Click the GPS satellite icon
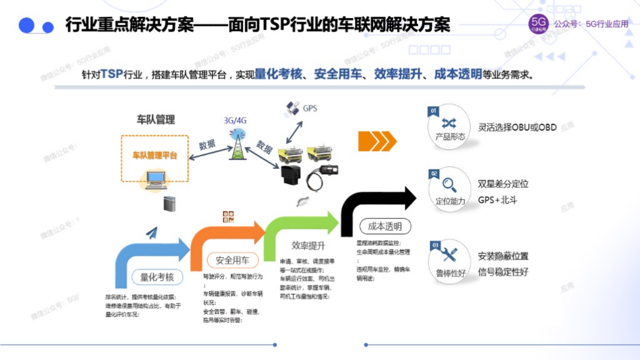(292, 109)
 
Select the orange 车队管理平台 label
(154, 155)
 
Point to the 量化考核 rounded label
(157, 277)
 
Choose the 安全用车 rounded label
(233, 261)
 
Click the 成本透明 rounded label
(385, 227)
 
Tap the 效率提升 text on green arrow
(308, 245)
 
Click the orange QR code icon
(228, 217)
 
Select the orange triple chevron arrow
(377, 141)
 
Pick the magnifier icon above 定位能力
(449, 185)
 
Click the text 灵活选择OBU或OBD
(517, 127)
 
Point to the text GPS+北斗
(497, 200)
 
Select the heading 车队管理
(156, 119)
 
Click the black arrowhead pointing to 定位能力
(408, 198)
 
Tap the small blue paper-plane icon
(151, 233)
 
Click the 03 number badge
(434, 245)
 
